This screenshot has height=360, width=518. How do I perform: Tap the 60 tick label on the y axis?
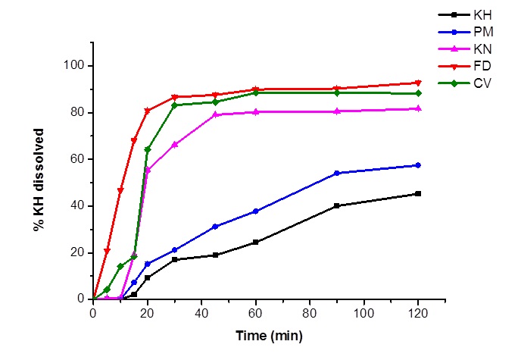tap(78, 159)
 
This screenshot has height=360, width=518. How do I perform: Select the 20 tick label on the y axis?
tap(78, 253)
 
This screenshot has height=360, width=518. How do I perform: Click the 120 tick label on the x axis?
tap(418, 312)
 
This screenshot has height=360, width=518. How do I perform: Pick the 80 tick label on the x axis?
tap(310, 312)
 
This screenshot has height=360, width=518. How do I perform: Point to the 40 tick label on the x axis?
tap(201, 312)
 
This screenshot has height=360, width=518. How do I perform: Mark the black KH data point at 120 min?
tap(418, 194)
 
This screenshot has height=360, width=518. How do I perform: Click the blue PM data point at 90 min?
tap(337, 173)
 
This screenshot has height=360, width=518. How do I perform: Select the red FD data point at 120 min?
tap(418, 83)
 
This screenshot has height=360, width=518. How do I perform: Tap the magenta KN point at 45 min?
tap(215, 114)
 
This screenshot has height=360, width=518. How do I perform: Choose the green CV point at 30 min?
tap(174, 105)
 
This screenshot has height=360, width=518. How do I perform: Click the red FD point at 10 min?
tap(120, 190)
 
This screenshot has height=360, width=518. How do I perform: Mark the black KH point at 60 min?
tap(256, 242)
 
